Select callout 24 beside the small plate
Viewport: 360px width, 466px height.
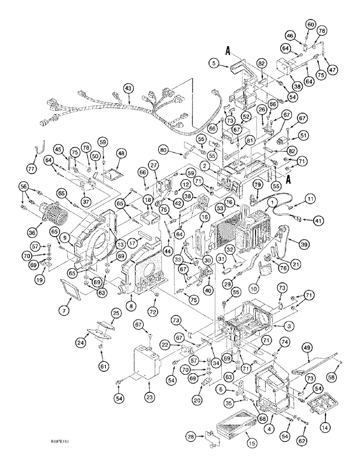coord(81,344)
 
